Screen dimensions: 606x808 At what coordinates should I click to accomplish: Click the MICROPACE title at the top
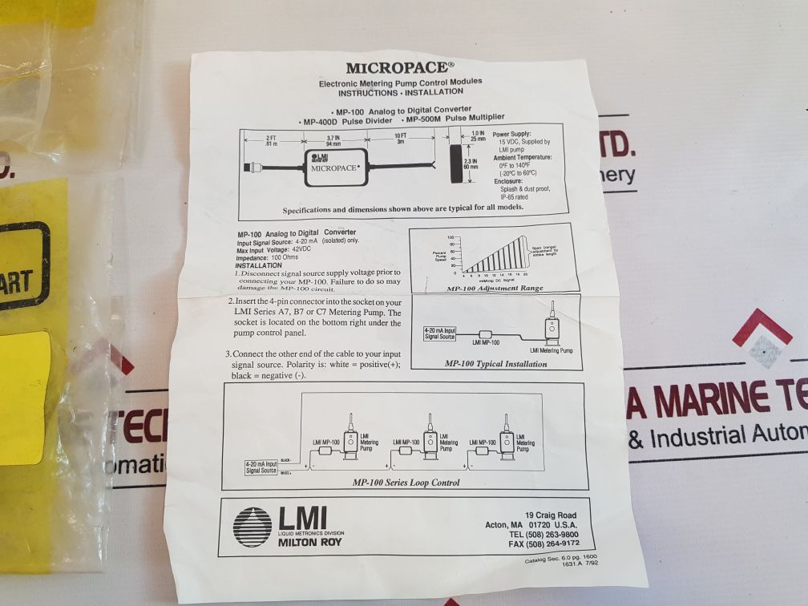point(400,68)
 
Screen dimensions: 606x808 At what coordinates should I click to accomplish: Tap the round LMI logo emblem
point(252,527)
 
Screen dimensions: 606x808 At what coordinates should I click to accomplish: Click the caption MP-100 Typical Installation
point(495,364)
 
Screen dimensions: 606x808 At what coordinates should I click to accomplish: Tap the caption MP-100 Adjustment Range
point(494,288)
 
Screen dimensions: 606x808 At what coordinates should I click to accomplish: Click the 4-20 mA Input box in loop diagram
point(261,467)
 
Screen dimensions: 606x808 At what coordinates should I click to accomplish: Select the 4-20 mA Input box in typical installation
point(440,333)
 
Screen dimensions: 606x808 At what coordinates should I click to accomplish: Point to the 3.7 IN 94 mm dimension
point(333,140)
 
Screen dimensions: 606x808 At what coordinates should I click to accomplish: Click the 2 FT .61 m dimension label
point(271,141)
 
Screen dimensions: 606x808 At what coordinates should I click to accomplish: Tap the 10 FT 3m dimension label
point(401,139)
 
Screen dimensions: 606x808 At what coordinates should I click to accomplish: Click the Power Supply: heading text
point(511,134)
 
